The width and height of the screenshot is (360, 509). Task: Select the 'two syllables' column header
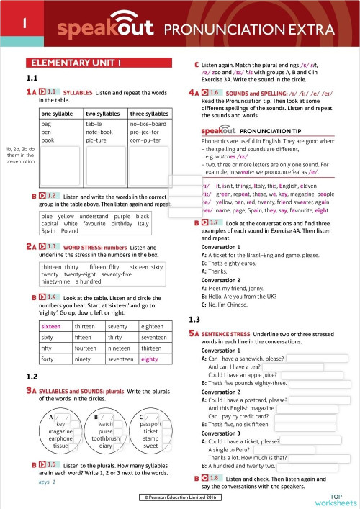coord(102,114)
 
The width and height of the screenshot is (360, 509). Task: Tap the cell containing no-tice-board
coord(148,124)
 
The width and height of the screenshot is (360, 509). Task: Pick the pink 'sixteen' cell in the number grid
coord(53,326)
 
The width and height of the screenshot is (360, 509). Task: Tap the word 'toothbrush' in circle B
coord(106,438)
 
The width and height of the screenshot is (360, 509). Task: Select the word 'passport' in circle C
coord(150,424)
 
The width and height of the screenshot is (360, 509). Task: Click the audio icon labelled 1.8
coord(214,478)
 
